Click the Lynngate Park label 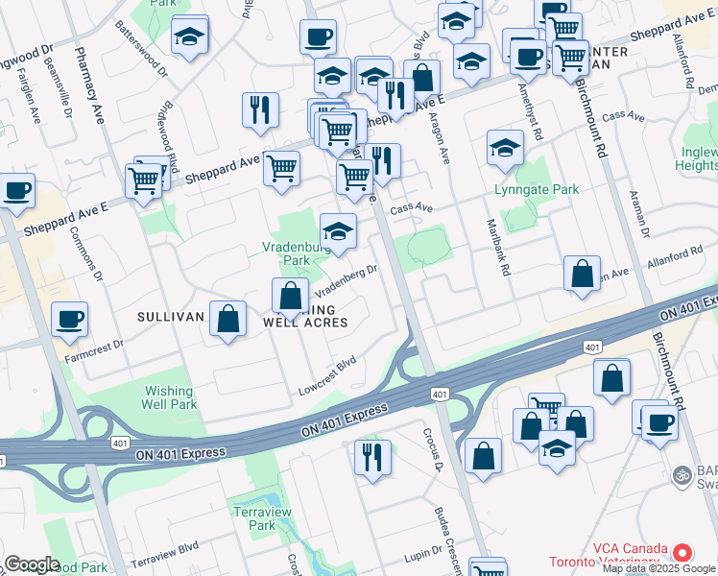point(537,189)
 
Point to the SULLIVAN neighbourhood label point(170,316)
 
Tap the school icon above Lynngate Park point(505,147)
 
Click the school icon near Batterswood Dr point(190,36)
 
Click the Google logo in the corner point(32,564)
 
